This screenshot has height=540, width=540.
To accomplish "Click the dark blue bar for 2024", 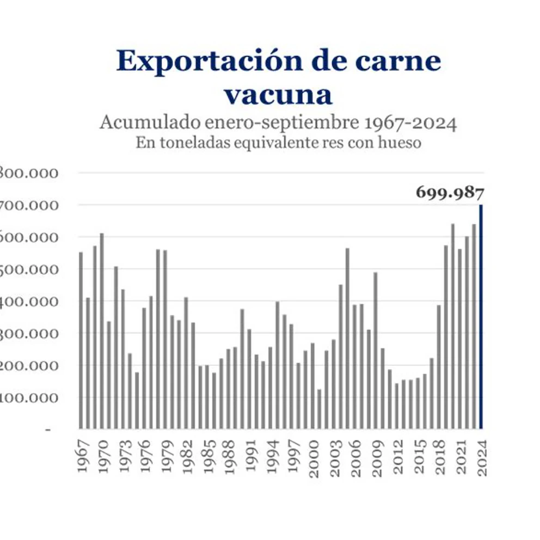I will click(481, 316).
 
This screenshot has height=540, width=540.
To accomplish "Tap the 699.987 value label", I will click(450, 192).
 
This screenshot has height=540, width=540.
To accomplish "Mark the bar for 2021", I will click(460, 338).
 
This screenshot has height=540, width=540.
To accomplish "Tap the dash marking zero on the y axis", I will click(48, 429).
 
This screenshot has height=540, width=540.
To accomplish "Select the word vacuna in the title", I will click(278, 94).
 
